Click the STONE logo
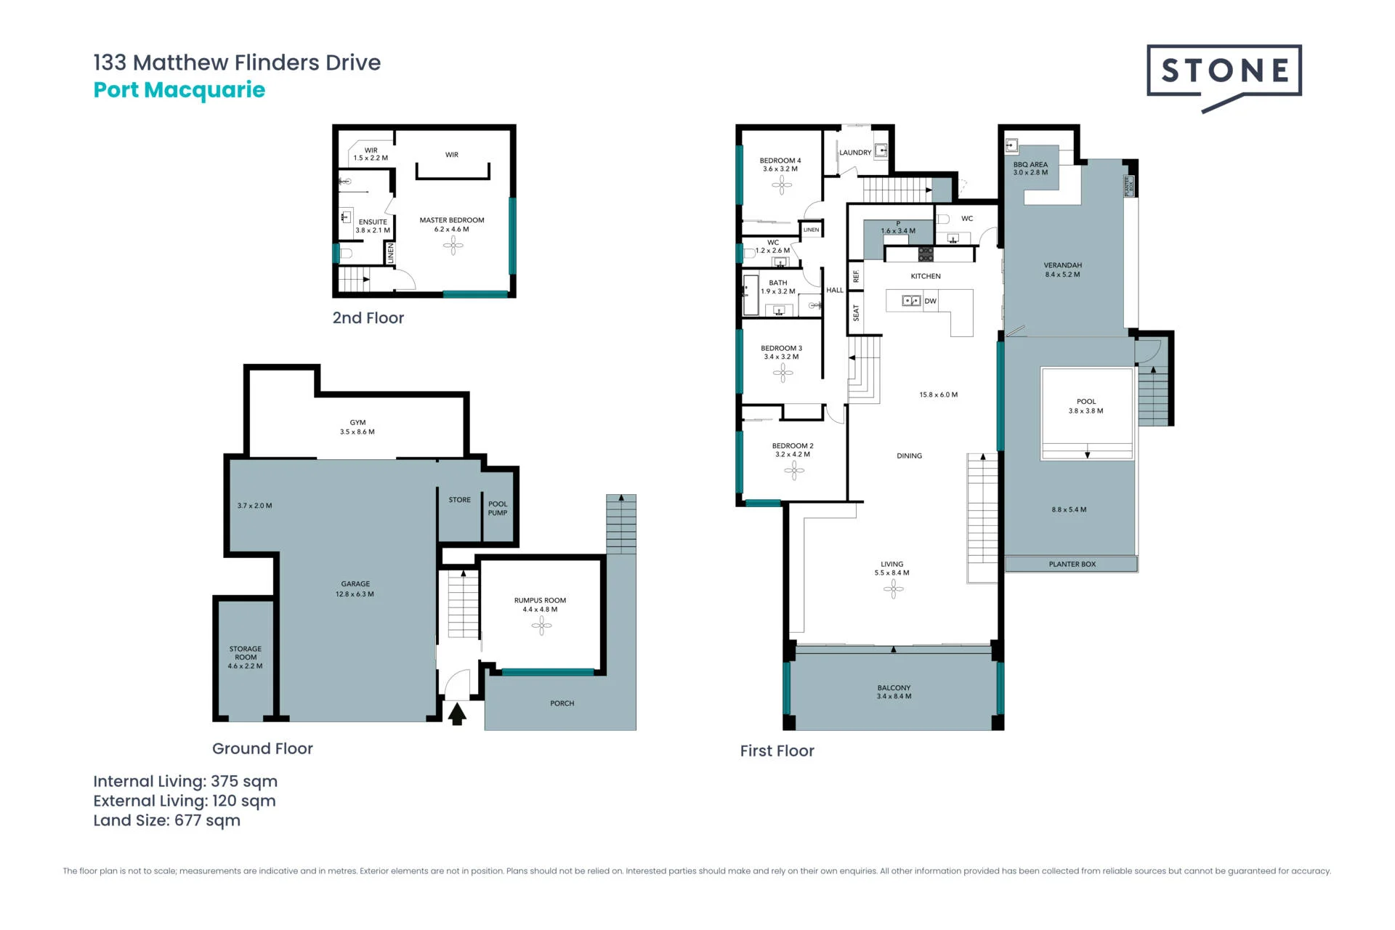(x=1224, y=76)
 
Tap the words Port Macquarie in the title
(x=179, y=90)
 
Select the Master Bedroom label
(x=452, y=220)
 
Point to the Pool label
(x=1086, y=402)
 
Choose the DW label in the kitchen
(x=931, y=301)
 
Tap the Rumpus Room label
(x=540, y=601)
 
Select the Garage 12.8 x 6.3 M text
(x=355, y=589)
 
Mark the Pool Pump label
(x=498, y=509)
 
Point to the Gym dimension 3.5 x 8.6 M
(x=357, y=432)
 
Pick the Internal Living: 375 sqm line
(x=185, y=782)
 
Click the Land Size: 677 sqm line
(x=167, y=820)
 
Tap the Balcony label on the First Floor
(x=894, y=688)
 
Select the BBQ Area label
(x=1030, y=165)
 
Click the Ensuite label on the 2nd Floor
(x=373, y=222)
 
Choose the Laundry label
(x=855, y=153)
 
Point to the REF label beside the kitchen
(x=856, y=277)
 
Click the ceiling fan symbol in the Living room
(x=893, y=589)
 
